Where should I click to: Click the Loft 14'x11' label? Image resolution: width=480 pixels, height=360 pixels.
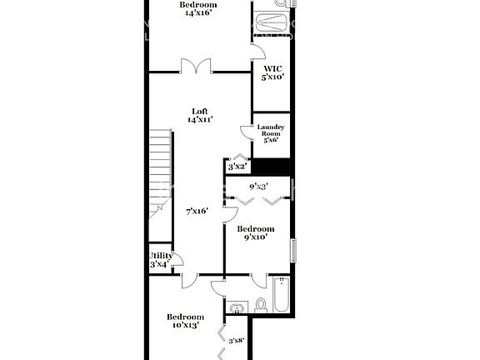click(200, 116)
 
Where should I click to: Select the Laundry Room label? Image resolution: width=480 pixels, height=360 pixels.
click(271, 133)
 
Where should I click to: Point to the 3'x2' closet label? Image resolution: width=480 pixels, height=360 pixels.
click(237, 167)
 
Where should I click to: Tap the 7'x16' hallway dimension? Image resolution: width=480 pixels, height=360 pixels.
click(197, 211)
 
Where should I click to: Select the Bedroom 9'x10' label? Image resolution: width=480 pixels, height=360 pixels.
click(255, 232)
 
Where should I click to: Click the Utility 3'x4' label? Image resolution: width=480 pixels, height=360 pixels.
click(160, 260)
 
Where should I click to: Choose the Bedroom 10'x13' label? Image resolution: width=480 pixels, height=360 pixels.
click(184, 321)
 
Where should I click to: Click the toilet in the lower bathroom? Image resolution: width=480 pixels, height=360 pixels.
click(261, 305)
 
